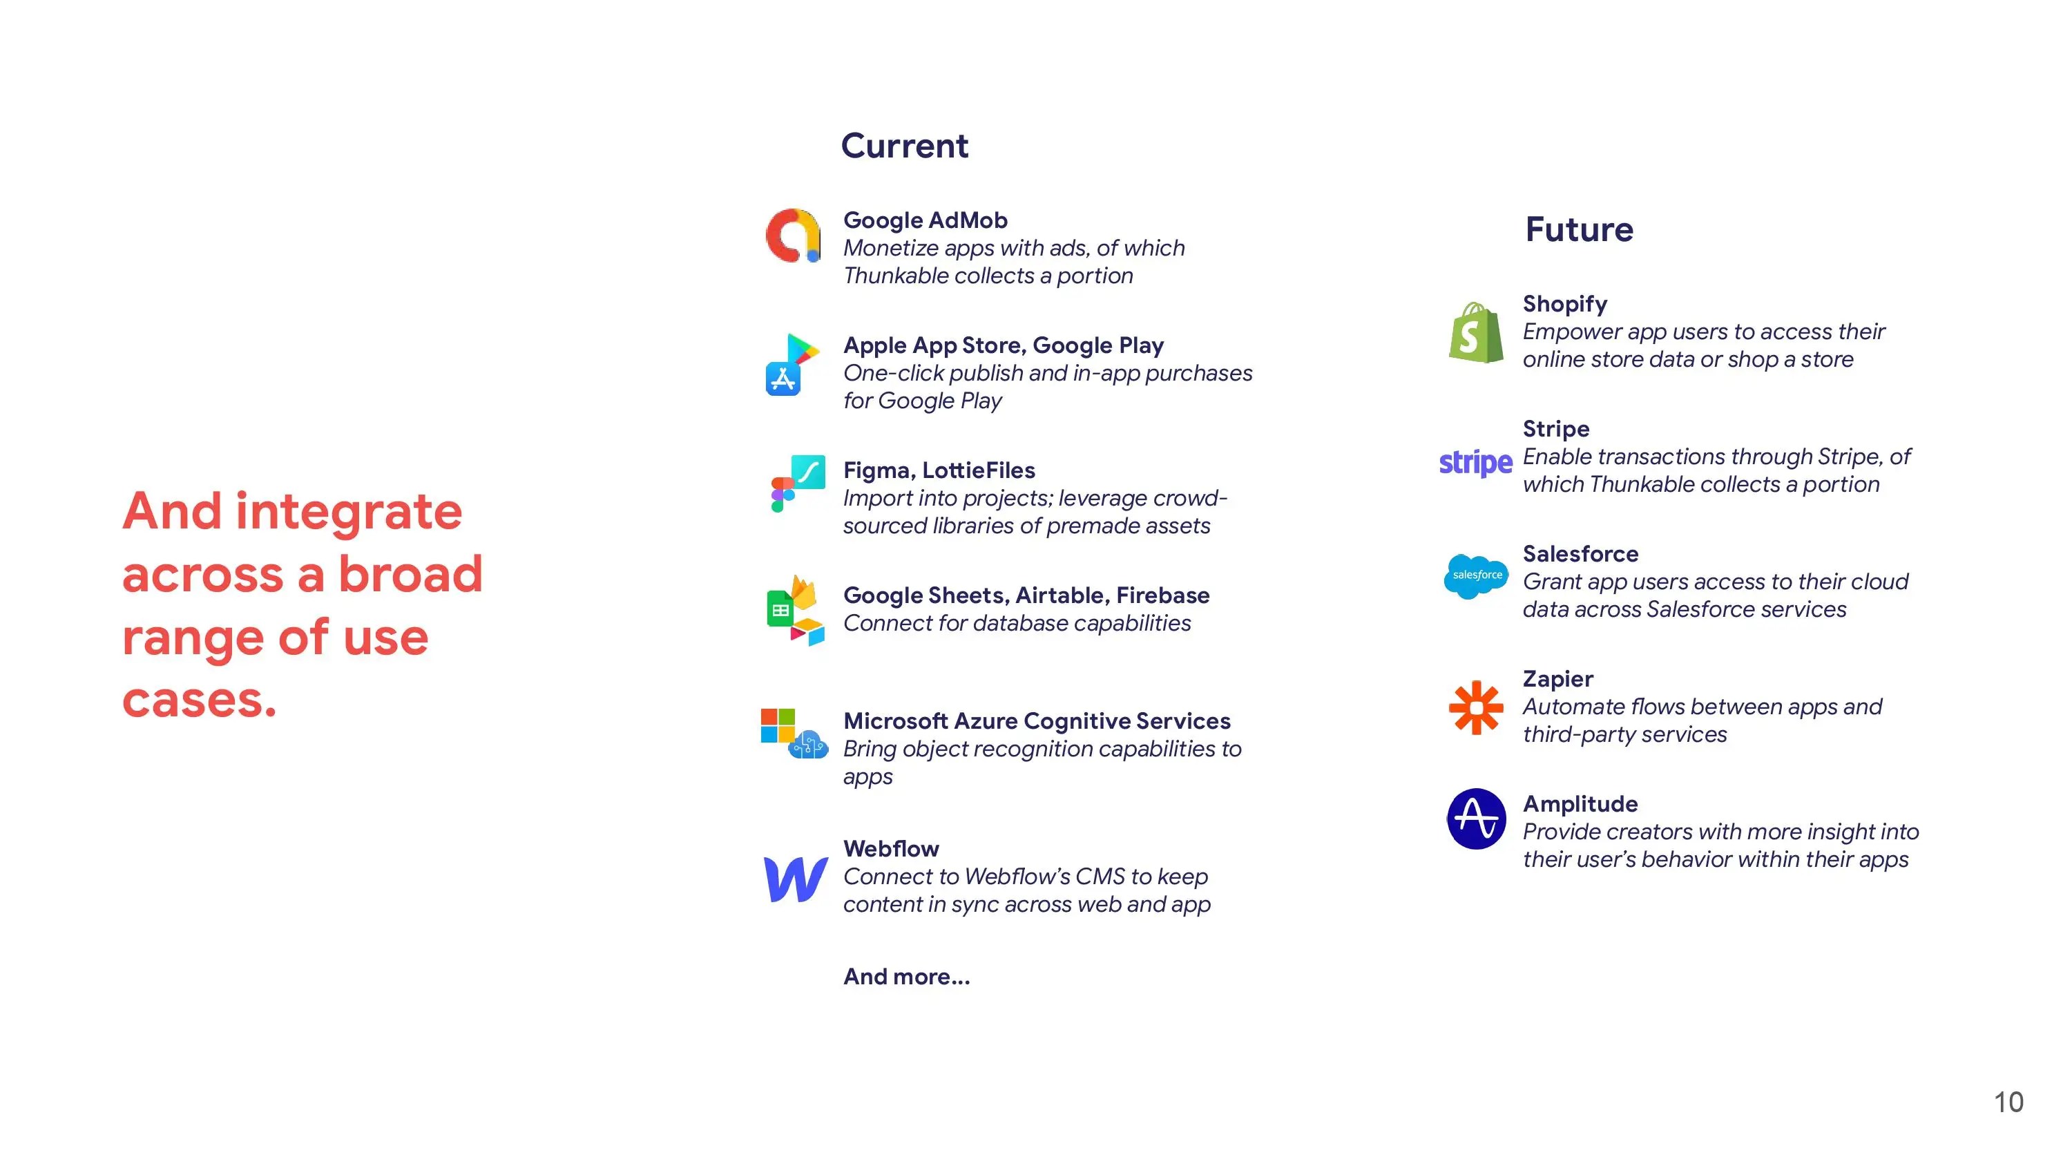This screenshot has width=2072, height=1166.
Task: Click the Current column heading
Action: coord(904,146)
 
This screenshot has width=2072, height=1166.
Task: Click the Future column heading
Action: coord(1579,229)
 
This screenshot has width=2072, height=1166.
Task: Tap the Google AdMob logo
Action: coord(793,236)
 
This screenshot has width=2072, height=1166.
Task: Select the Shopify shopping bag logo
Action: coord(1476,332)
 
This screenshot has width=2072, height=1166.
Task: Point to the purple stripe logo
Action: coord(1475,463)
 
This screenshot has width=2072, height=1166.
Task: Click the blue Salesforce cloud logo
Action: coord(1476,576)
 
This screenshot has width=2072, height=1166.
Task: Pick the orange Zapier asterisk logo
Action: coord(1476,707)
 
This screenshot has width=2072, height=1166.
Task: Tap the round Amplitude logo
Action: coord(1476,819)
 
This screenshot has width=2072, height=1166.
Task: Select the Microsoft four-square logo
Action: coord(778,725)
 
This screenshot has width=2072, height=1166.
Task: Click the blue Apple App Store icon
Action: coord(783,379)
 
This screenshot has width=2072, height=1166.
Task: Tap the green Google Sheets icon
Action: coord(779,611)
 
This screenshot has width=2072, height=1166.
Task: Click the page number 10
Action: coord(2008,1102)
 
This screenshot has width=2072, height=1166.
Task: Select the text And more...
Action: coord(906,976)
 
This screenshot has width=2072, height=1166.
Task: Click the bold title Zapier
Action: coord(1557,678)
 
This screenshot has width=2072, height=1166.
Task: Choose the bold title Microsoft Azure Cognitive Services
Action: coord(1037,720)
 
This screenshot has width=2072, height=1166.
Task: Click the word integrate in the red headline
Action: coord(348,512)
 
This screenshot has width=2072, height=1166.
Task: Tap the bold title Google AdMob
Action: coord(925,220)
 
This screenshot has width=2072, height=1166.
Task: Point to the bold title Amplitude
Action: coord(1580,803)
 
